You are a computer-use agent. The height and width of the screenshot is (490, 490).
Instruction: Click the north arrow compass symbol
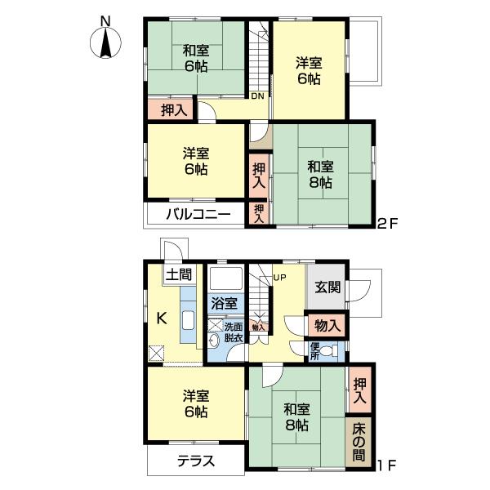pyautogui.click(x=105, y=41)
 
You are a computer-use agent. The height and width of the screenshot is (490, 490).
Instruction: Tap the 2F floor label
pyautogui.click(x=388, y=222)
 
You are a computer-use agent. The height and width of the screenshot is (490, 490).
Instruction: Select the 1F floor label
pyautogui.click(x=388, y=466)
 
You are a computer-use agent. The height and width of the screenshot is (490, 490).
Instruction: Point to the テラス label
pyautogui.click(x=196, y=461)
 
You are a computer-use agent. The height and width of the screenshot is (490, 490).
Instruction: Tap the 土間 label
pyautogui.click(x=179, y=274)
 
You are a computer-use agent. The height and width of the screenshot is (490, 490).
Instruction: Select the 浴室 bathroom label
pyautogui.click(x=224, y=303)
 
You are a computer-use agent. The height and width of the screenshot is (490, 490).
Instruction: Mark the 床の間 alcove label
pyautogui.click(x=359, y=441)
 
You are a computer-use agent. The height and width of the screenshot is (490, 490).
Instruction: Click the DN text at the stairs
pyautogui.click(x=257, y=97)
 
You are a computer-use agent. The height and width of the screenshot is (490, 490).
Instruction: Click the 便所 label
pyautogui.click(x=314, y=351)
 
